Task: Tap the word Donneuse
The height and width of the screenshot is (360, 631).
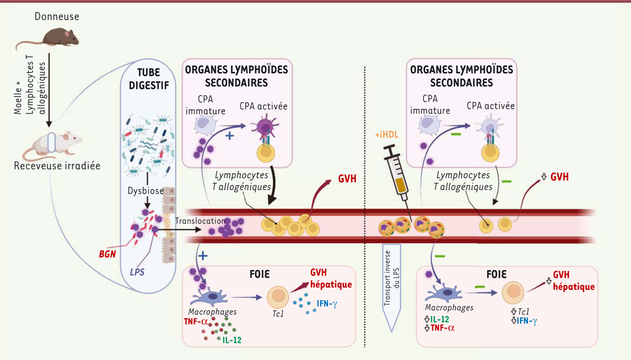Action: click(x=57, y=16)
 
